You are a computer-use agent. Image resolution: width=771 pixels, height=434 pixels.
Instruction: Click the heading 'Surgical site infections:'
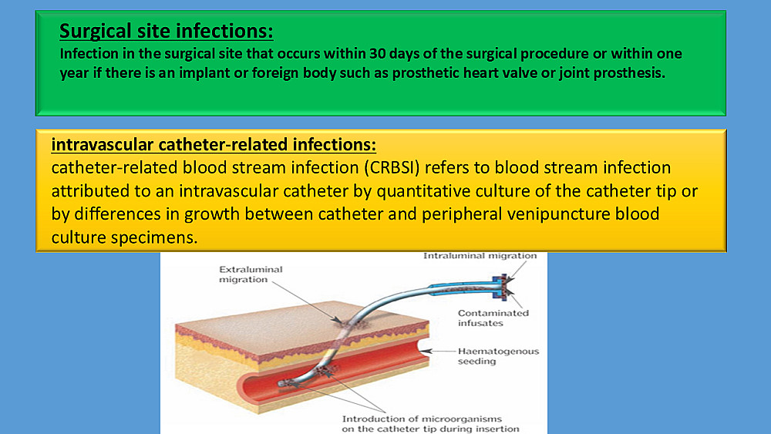(167, 31)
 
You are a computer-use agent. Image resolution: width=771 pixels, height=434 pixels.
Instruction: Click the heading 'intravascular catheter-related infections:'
(214, 144)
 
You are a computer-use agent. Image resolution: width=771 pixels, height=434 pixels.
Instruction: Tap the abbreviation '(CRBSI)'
(392, 167)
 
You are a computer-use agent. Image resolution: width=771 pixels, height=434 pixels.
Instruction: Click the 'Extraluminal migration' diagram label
(251, 274)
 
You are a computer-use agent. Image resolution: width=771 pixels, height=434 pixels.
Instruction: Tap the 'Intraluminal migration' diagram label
(480, 256)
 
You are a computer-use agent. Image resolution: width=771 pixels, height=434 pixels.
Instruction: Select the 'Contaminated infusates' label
(493, 318)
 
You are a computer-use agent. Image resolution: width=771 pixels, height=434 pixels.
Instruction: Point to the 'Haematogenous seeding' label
(498, 356)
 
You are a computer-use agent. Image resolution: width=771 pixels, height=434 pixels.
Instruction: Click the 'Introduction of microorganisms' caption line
(422, 419)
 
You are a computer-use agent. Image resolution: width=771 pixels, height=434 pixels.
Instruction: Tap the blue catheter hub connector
(502, 287)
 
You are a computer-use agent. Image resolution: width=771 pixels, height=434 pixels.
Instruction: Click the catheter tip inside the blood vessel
(282, 384)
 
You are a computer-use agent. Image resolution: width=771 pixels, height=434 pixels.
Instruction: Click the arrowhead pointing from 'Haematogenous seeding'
(424, 351)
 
